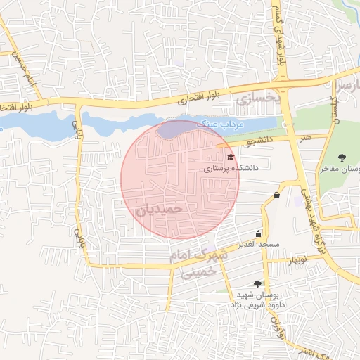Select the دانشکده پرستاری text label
click(x=232, y=169)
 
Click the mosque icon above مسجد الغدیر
click(x=259, y=233)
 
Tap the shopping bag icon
click(x=276, y=195)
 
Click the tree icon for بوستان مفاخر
click(x=342, y=157)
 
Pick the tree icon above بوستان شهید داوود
click(x=257, y=284)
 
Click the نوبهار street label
click(x=296, y=261)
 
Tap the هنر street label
click(x=304, y=138)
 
